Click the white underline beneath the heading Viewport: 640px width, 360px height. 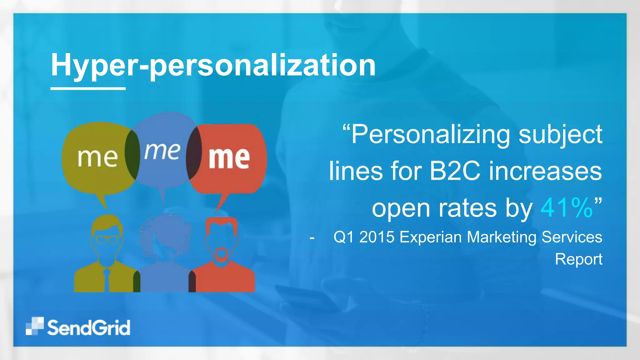88,89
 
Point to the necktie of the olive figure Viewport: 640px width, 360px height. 107,280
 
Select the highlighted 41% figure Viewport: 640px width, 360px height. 566,208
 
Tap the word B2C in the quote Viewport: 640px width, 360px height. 455,171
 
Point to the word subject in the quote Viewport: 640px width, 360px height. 560,134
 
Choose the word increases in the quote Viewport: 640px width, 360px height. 545,171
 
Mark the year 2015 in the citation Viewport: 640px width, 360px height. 377,237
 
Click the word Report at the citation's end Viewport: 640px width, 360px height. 578,259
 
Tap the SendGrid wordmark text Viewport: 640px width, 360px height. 89,328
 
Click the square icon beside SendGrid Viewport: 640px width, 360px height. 34,326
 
